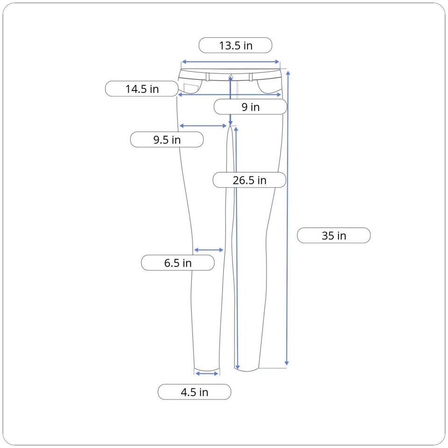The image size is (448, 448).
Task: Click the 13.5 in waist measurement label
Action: (235, 45)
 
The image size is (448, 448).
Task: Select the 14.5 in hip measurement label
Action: (142, 89)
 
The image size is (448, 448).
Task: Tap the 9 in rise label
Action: (250, 107)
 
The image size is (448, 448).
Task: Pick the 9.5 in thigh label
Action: (167, 140)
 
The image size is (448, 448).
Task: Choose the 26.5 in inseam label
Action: (249, 180)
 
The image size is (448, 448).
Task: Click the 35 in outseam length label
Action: (334, 235)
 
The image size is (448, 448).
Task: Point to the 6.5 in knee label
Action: (178, 263)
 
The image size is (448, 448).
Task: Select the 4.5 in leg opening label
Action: (194, 392)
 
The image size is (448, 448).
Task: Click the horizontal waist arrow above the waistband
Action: (231, 62)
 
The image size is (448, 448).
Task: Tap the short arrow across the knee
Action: (209, 250)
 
